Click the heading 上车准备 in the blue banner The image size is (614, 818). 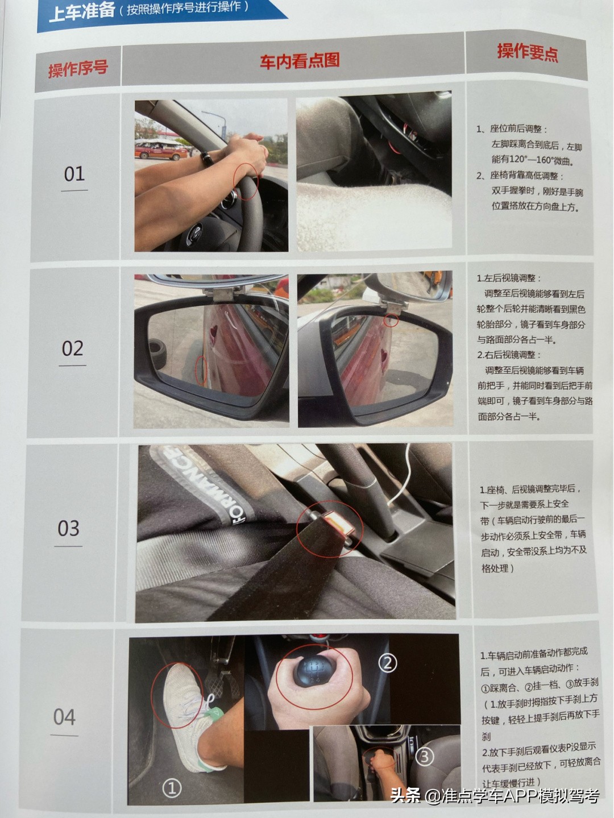coord(82,11)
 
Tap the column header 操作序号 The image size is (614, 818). coord(78,69)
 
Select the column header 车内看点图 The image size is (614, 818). coord(300,61)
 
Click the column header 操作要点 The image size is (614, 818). coord(528,52)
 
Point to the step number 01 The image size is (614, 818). coord(74,174)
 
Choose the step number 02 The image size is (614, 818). coord(72,348)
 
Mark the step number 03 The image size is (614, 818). coord(68,529)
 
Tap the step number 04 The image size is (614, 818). coord(64,717)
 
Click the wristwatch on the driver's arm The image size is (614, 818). coord(207,158)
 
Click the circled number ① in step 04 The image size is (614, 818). coord(172,787)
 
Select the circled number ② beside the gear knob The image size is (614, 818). coord(388,663)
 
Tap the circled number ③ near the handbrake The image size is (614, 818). coord(425,756)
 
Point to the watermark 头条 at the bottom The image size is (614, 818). coord(406,795)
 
